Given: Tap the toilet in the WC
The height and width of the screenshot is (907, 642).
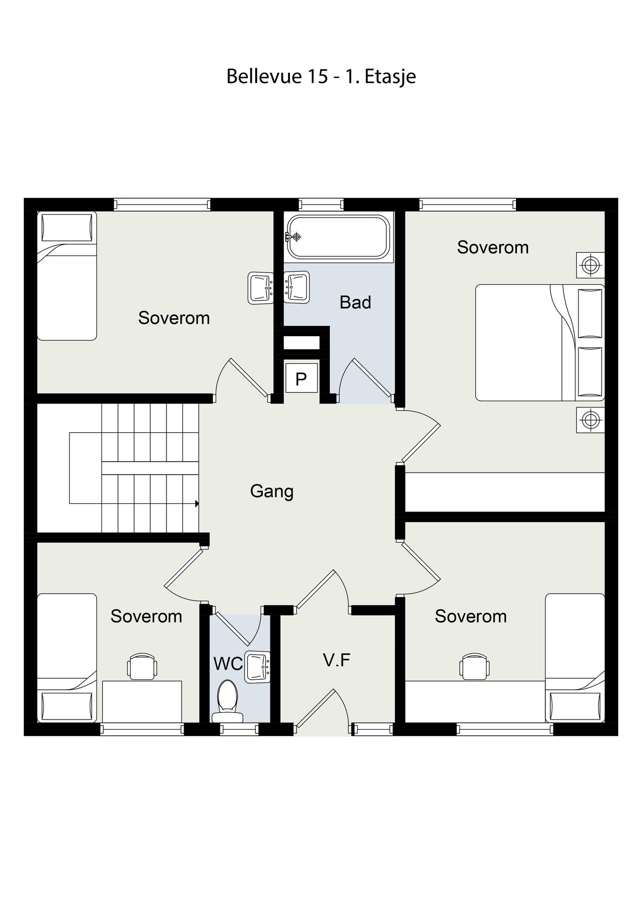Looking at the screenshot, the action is pyautogui.click(x=227, y=701).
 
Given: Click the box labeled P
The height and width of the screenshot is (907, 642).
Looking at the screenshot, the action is pyautogui.click(x=301, y=378).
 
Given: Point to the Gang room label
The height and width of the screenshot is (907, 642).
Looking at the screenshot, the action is pyautogui.click(x=272, y=491).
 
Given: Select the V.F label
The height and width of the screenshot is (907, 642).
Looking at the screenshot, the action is pyautogui.click(x=337, y=660).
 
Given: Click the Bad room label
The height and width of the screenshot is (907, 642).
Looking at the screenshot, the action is pyautogui.click(x=355, y=302).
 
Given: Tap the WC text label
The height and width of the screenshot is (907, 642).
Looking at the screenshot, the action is pyautogui.click(x=228, y=664).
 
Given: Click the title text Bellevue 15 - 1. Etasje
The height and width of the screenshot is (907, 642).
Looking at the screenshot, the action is pyautogui.click(x=321, y=77).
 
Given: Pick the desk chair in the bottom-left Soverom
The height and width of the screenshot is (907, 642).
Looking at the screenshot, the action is pyautogui.click(x=142, y=666).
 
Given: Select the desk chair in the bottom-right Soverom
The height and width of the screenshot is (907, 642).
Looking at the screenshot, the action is pyautogui.click(x=475, y=666).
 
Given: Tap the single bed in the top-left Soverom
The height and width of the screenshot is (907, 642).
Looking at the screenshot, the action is pyautogui.click(x=67, y=276).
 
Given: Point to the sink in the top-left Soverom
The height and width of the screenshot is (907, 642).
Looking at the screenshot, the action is pyautogui.click(x=261, y=288).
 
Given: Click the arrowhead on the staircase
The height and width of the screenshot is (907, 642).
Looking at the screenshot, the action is pyautogui.click(x=197, y=503).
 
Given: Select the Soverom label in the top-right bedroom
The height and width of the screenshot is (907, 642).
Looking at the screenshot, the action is pyautogui.click(x=493, y=247).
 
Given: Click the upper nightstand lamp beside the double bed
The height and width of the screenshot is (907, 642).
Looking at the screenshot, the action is pyautogui.click(x=591, y=264).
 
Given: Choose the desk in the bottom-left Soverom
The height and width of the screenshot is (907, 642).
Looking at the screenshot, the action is pyautogui.click(x=142, y=701).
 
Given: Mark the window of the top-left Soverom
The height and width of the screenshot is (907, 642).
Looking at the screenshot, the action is pyautogui.click(x=162, y=205).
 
